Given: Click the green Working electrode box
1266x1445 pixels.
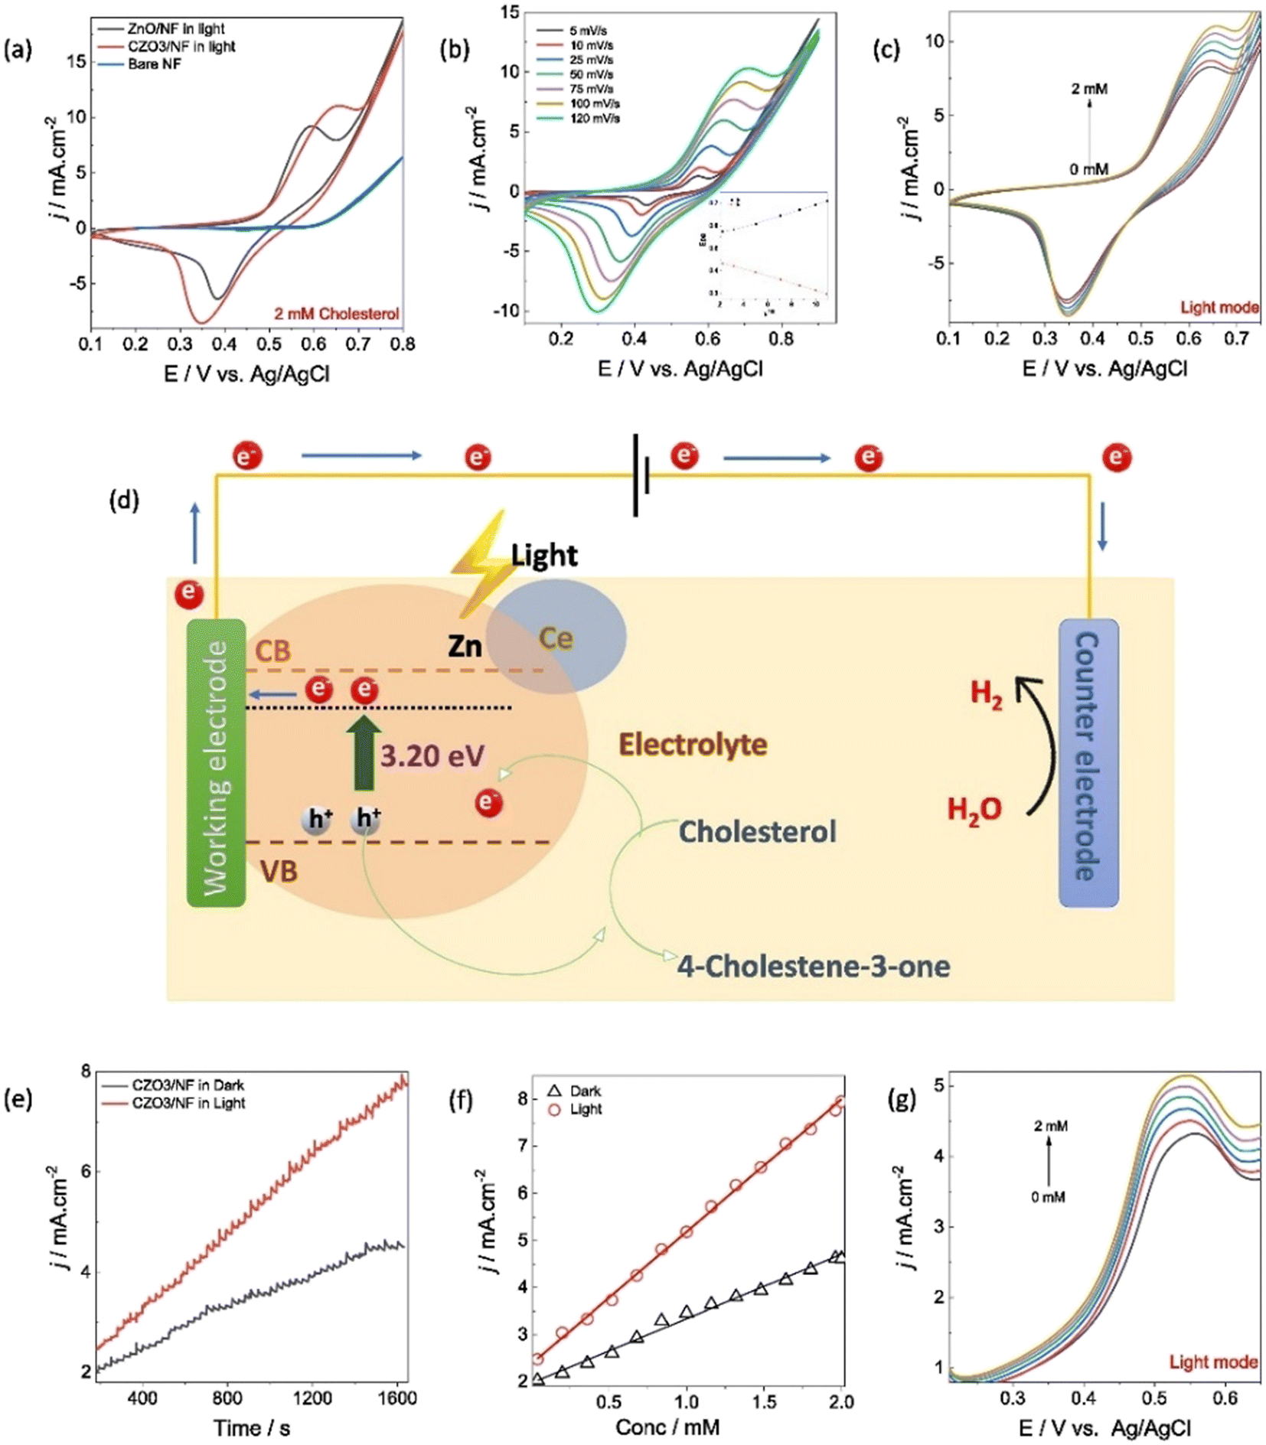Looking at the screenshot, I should tap(216, 763).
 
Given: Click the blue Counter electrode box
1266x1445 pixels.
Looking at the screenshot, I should tap(1088, 763).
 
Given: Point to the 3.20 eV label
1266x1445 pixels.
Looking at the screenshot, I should tap(432, 756).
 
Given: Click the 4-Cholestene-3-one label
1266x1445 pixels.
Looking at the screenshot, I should tap(813, 966).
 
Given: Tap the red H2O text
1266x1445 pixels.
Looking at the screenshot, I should tap(974, 809).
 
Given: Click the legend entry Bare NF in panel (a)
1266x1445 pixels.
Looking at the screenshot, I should tap(154, 64).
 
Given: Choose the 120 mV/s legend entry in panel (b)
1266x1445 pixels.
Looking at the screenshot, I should tap(594, 118).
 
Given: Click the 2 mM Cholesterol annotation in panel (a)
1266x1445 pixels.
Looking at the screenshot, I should tap(337, 314).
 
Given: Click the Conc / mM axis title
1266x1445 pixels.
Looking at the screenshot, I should tap(667, 1427).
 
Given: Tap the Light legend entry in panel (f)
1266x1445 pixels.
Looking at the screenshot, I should tap(586, 1109).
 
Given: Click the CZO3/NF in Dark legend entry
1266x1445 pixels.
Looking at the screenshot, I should tap(188, 1085).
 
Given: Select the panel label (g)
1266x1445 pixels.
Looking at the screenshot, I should tap(902, 1099).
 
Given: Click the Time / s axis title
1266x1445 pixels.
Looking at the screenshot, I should tap(252, 1427).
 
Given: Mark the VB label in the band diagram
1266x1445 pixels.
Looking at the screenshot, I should tap(278, 871).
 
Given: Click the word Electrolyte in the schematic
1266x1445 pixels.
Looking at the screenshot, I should tap(693, 744).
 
